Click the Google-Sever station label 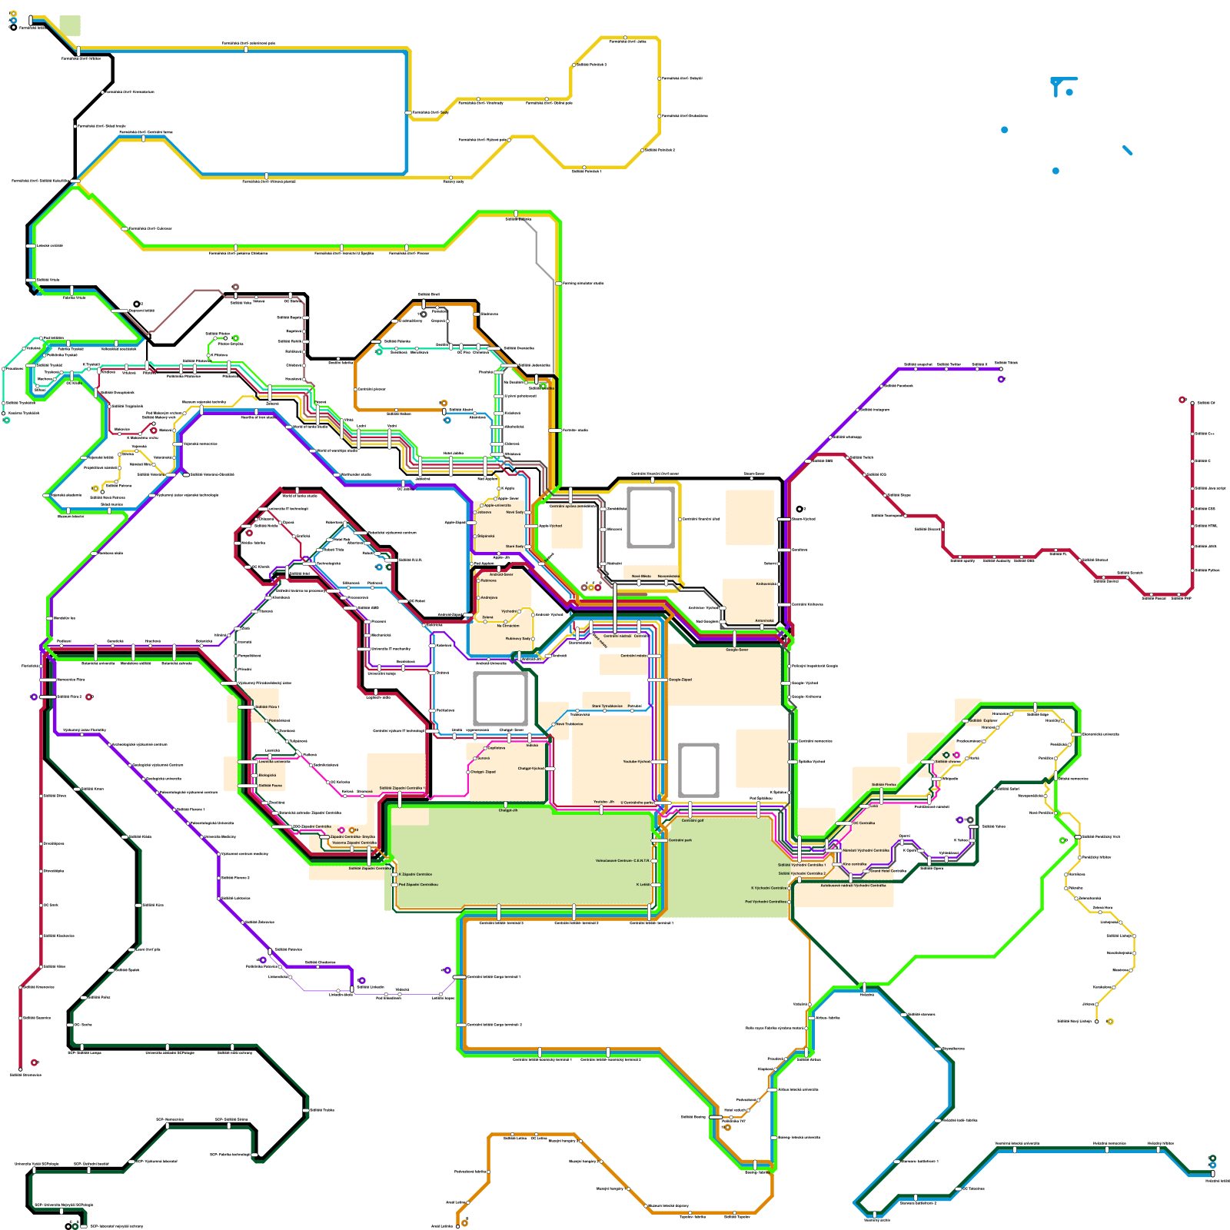pyautogui.click(x=736, y=650)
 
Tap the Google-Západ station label pyautogui.click(x=680, y=680)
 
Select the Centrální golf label pyautogui.click(x=692, y=820)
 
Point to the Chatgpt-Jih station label pyautogui.click(x=507, y=810)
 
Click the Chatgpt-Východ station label pyautogui.click(x=530, y=768)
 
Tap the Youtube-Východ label pyautogui.click(x=636, y=762)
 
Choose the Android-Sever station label pyautogui.click(x=501, y=574)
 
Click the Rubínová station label pyautogui.click(x=488, y=580)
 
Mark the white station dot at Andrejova pyautogui.click(x=478, y=597)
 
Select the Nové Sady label pyautogui.click(x=514, y=512)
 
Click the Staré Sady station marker pyautogui.click(x=527, y=547)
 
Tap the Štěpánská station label pyautogui.click(x=486, y=536)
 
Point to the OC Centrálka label pyautogui.click(x=863, y=823)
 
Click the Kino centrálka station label pyautogui.click(x=854, y=864)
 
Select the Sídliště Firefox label pyautogui.click(x=883, y=785)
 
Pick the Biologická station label pyautogui.click(x=267, y=776)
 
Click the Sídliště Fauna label pyautogui.click(x=270, y=786)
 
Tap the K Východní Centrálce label pyautogui.click(x=769, y=888)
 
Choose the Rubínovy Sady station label pyautogui.click(x=517, y=639)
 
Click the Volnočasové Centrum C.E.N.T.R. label pyautogui.click(x=623, y=861)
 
